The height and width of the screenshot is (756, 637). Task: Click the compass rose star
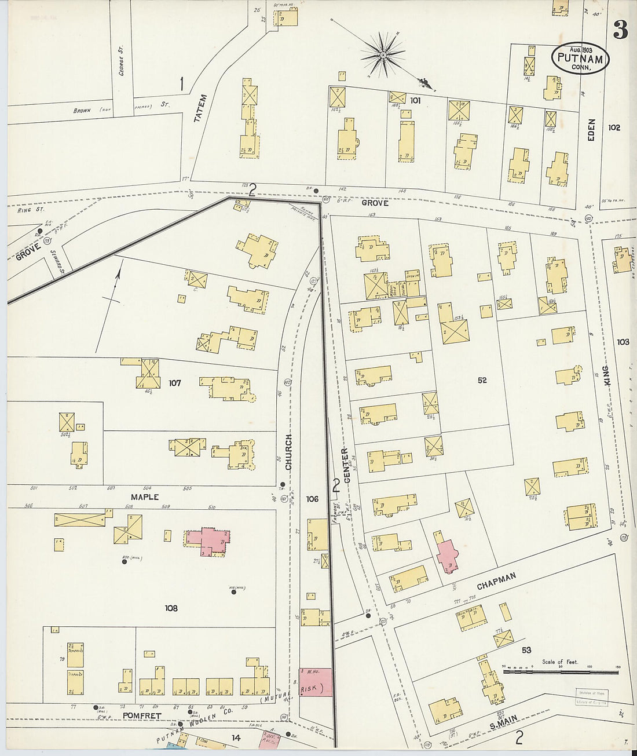point(382,55)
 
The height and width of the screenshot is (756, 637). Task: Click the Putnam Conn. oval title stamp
point(580,59)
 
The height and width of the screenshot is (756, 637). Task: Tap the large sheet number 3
point(620,30)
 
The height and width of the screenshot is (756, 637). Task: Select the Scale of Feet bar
point(560,673)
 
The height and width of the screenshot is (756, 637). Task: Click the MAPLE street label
point(144,497)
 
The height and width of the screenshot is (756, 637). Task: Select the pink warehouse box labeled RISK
point(316,682)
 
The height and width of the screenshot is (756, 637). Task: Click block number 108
point(171,608)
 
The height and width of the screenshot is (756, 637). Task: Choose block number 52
point(482,381)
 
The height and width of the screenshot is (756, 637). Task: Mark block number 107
point(174,383)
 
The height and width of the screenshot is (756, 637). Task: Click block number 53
point(526,650)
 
